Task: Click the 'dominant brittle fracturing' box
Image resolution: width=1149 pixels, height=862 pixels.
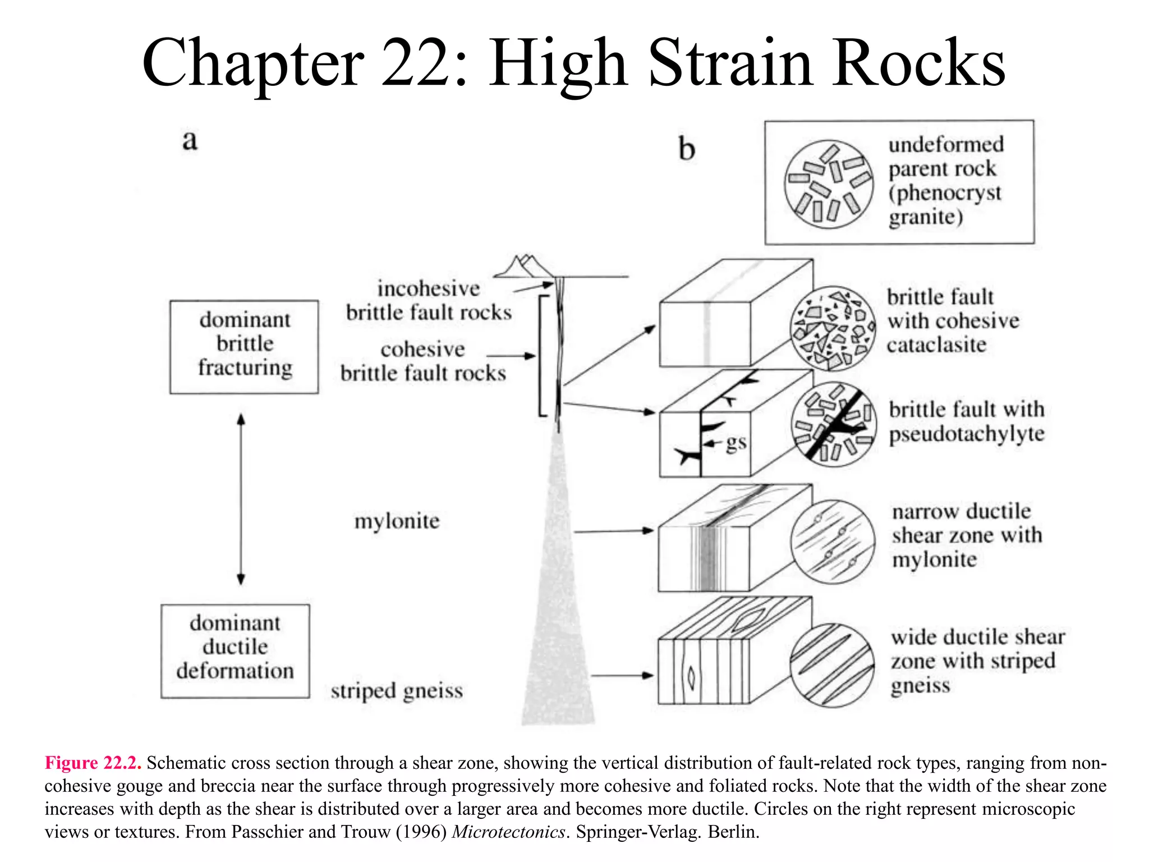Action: tap(244, 346)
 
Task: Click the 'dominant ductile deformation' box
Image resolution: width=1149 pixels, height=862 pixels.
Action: tap(235, 650)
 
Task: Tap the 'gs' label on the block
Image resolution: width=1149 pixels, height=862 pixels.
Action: tap(736, 443)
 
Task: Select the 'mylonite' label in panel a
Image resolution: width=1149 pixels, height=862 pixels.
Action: tap(397, 521)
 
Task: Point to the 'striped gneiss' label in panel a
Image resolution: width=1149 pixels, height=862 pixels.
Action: tap(397, 690)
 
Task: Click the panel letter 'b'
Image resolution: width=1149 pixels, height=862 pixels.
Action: tap(686, 150)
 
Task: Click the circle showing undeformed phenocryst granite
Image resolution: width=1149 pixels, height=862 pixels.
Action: tap(829, 184)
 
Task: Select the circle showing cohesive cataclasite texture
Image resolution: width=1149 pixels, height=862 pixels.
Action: tap(833, 328)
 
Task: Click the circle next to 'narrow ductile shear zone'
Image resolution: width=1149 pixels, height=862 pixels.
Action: tap(833, 542)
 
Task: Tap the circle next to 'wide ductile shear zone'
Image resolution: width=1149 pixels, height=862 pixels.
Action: tap(832, 665)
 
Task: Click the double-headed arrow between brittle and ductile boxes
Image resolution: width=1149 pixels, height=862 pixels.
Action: tap(241, 499)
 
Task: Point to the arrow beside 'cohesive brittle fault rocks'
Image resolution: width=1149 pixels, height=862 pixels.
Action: tap(510, 356)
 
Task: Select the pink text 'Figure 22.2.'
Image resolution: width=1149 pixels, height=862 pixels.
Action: tap(93, 763)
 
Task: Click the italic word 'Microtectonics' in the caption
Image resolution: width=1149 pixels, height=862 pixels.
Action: tap(508, 832)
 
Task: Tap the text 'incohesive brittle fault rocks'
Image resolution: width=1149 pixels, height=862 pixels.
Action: tap(429, 300)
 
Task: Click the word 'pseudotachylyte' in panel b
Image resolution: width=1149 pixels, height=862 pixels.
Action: tap(967, 434)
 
